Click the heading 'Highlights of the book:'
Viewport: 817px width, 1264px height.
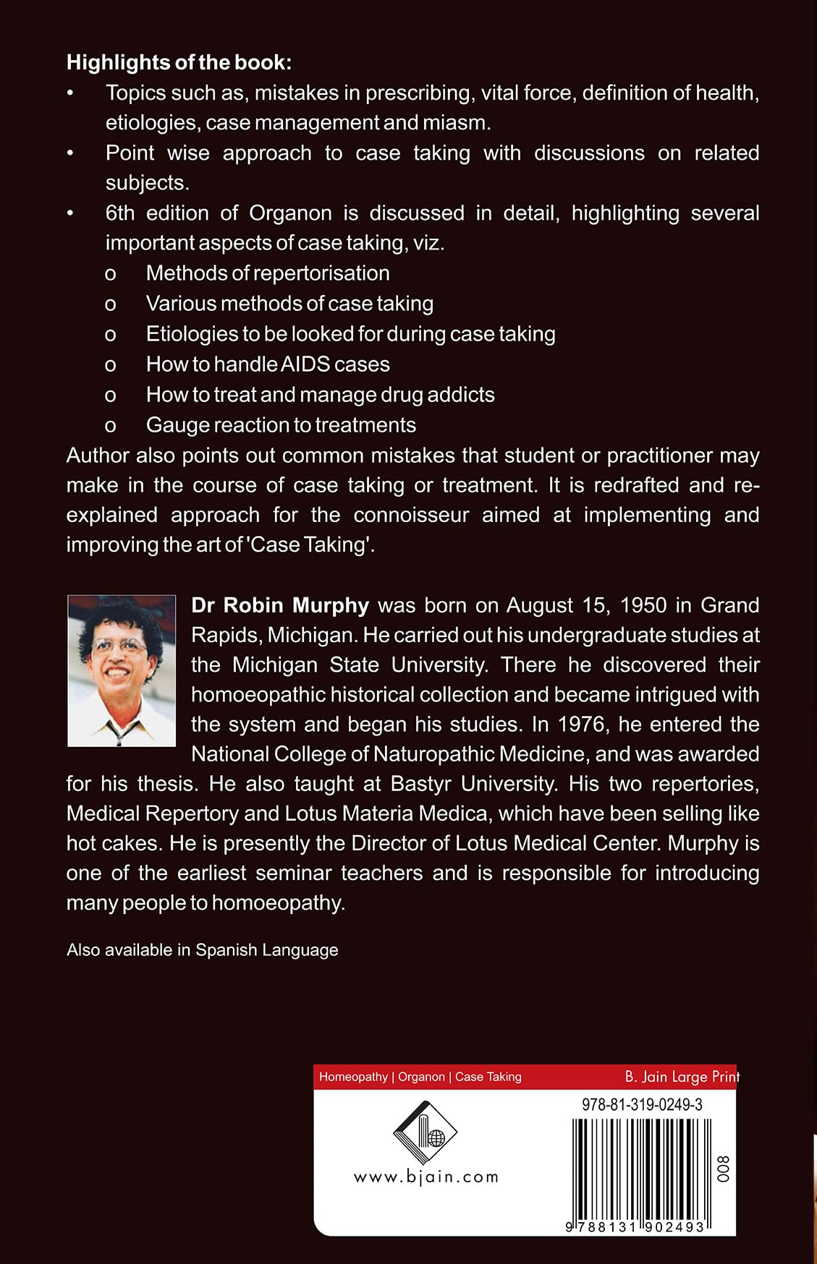[179, 63]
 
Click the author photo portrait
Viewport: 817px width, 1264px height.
[122, 670]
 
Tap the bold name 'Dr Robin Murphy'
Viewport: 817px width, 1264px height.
[280, 605]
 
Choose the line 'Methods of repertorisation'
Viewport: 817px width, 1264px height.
[268, 273]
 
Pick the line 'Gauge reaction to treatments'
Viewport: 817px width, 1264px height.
[281, 425]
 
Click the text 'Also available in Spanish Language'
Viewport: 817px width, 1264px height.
[203, 950]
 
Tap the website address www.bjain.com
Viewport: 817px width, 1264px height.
[426, 1177]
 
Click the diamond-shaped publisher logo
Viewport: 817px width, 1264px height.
[425, 1132]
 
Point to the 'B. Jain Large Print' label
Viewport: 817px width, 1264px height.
[682, 1077]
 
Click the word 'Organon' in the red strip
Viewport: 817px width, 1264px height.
[421, 1077]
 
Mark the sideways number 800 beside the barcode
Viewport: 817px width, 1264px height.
[723, 1168]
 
